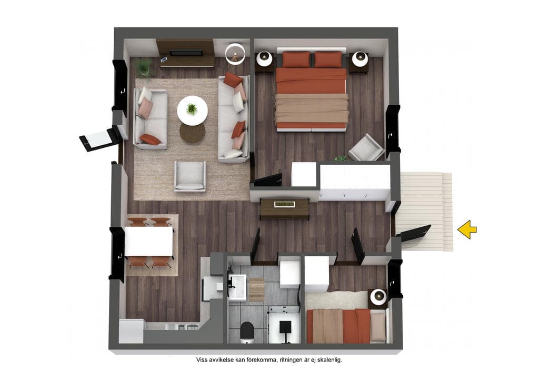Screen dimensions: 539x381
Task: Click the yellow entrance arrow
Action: point(467,229)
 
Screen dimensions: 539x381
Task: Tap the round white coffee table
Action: point(192,111)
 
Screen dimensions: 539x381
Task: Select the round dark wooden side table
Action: point(193,133)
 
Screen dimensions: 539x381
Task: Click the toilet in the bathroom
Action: point(246,333)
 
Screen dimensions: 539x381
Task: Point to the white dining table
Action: point(149,241)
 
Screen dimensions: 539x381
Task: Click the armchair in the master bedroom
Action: point(366,148)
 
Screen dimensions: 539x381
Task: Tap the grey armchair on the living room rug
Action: point(190,176)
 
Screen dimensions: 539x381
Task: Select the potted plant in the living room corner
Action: point(144,67)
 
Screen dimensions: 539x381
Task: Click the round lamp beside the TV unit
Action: point(235,54)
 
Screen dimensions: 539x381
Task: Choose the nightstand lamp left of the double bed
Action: point(265,59)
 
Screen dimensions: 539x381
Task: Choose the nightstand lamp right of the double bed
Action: point(360,59)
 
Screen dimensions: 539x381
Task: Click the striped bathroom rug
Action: point(256,290)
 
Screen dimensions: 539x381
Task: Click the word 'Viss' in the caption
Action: point(202,360)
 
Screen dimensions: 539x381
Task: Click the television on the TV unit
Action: point(186,53)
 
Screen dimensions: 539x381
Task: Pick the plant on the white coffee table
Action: point(192,109)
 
